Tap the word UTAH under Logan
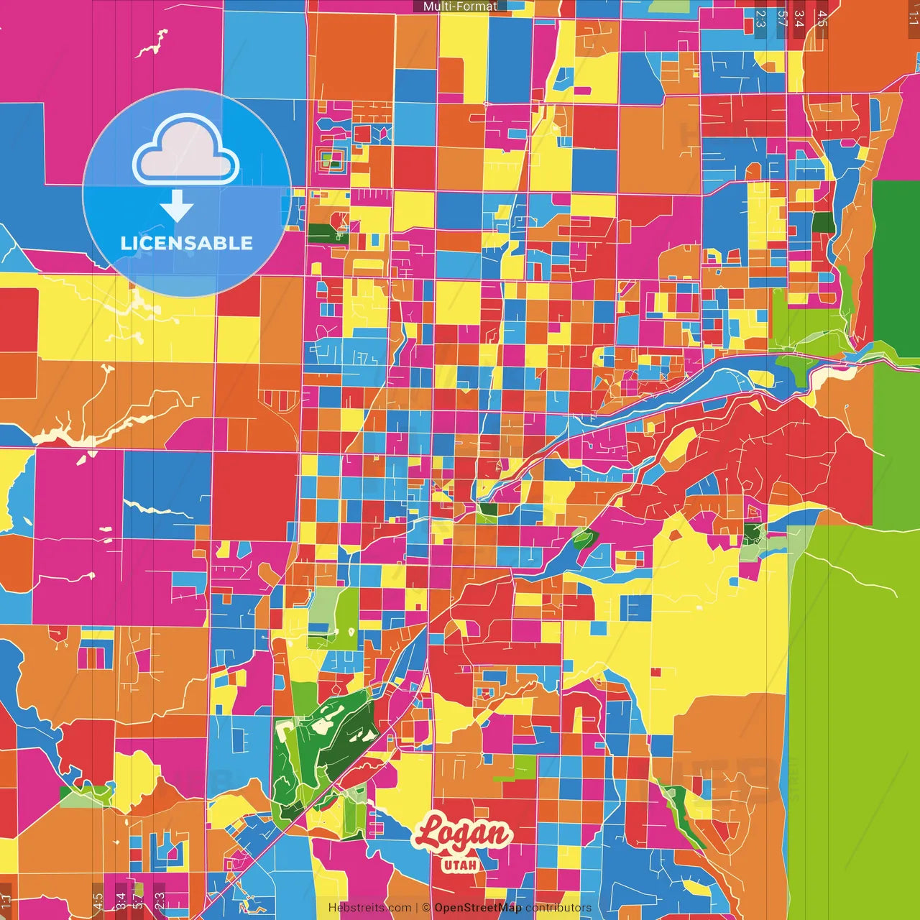[x=461, y=865]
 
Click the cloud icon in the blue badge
[x=186, y=152]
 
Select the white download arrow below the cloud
[x=177, y=206]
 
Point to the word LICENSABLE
[x=187, y=243]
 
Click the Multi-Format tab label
[x=460, y=6]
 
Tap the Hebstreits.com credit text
[x=369, y=908]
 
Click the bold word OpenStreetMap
[x=477, y=908]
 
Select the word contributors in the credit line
[x=558, y=908]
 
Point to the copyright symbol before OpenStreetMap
[x=426, y=908]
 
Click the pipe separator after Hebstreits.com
[x=417, y=908]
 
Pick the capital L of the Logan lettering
[x=430, y=834]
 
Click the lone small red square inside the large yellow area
[x=655, y=672]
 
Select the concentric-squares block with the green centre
[x=333, y=160]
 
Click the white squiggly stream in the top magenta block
[x=152, y=45]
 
